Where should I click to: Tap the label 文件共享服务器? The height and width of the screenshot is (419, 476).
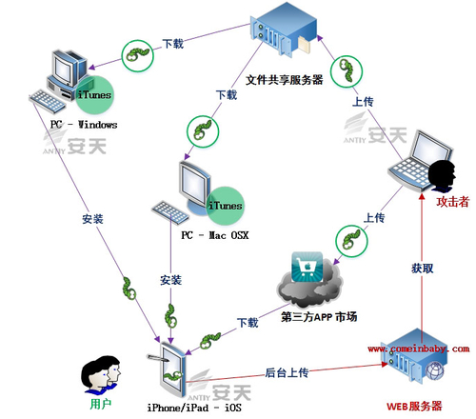point(285,80)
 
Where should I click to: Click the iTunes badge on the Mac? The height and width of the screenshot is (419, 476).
point(225,204)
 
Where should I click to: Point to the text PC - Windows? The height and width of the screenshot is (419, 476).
point(85,125)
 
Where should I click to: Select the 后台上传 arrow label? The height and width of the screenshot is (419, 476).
point(288,370)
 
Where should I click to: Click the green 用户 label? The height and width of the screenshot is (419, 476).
point(101,404)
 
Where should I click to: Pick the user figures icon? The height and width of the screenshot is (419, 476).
point(102,373)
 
